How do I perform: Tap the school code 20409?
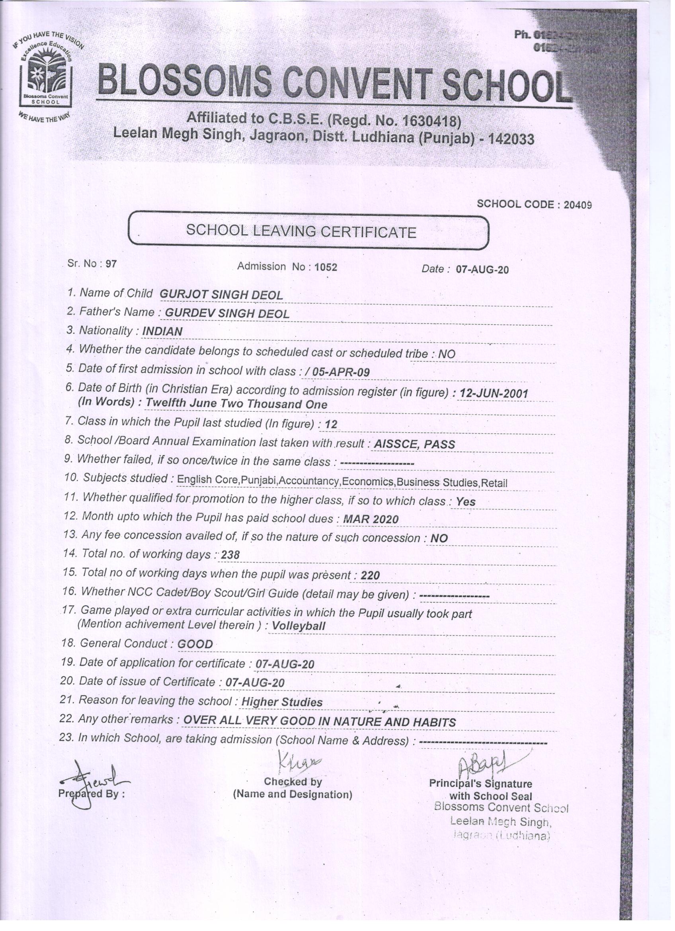click(577, 205)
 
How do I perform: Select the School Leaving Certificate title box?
click(308, 231)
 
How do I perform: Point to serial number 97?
click(111, 264)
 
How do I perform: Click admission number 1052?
click(326, 267)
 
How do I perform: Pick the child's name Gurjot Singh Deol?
click(221, 295)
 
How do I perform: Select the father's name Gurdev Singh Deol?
click(227, 314)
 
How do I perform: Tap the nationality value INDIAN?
click(162, 332)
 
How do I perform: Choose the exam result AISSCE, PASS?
click(414, 444)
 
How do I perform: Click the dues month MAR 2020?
click(371, 519)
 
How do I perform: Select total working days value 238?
click(230, 555)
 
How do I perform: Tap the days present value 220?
click(370, 575)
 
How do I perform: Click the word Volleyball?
click(298, 626)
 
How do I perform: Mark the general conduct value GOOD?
click(195, 644)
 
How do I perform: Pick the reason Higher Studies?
click(281, 702)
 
